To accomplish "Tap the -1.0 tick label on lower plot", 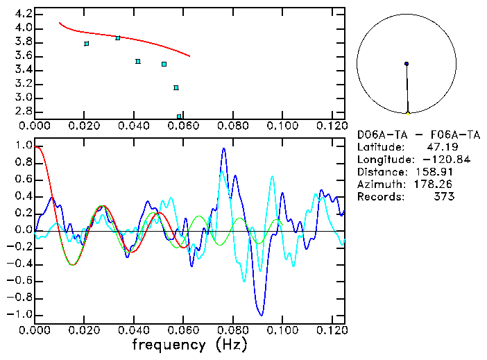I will pyautogui.click(x=20, y=314).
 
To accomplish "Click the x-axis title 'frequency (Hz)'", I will pyautogui.click(x=189, y=344).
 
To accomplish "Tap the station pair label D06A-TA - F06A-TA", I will pyautogui.click(x=406, y=135).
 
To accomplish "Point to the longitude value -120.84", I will pyautogui.click(x=435, y=160).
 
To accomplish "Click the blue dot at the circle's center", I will pyautogui.click(x=407, y=64).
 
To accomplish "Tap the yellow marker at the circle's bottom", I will pyautogui.click(x=408, y=113).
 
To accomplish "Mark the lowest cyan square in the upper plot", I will pyautogui.click(x=179, y=117).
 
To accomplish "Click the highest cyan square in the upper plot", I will pyautogui.click(x=118, y=38).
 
